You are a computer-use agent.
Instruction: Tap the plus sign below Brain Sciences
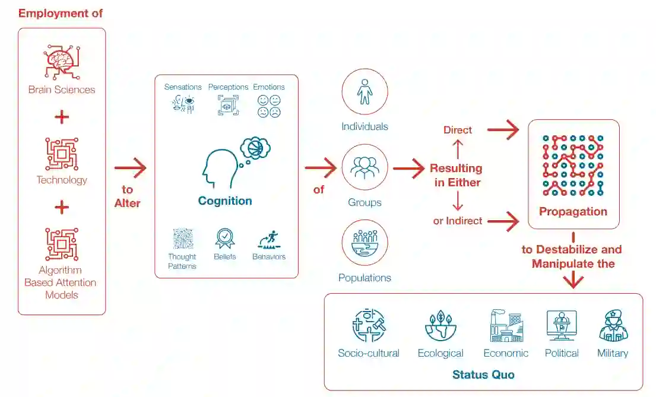pyautogui.click(x=62, y=116)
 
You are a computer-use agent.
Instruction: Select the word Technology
pyautogui.click(x=62, y=180)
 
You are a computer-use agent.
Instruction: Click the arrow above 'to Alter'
pyautogui.click(x=130, y=168)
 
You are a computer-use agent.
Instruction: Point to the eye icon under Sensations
pyautogui.click(x=183, y=104)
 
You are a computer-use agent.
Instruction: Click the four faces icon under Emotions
pyautogui.click(x=269, y=105)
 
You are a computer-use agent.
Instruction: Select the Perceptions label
pyautogui.click(x=228, y=87)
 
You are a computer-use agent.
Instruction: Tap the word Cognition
pyautogui.click(x=225, y=201)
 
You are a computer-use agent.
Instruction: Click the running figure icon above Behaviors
pyautogui.click(x=269, y=239)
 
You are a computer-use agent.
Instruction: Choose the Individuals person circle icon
pyautogui.click(x=365, y=93)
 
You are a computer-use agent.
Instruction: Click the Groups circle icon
pyautogui.click(x=365, y=167)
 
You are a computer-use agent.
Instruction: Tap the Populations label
pyautogui.click(x=365, y=278)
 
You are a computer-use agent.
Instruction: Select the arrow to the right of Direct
pyautogui.click(x=503, y=130)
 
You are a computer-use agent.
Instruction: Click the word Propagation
pyautogui.click(x=573, y=212)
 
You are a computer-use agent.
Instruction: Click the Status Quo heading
pyautogui.click(x=483, y=374)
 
